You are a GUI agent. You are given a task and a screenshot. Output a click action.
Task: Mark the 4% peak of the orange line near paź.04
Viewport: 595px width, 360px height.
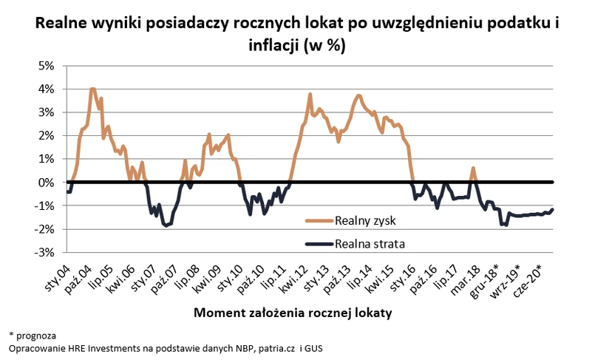pyautogui.click(x=92, y=89)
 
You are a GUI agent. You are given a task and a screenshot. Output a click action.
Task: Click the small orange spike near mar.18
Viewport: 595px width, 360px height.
pyautogui.click(x=473, y=169)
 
